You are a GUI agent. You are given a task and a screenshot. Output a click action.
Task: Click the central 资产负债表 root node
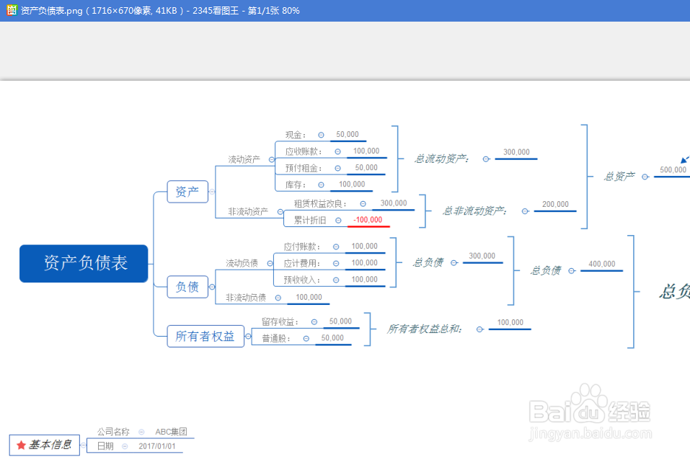coord(84,263)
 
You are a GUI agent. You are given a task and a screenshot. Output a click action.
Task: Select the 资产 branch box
coord(187,192)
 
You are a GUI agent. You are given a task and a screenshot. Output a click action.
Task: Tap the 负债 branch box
coord(187,287)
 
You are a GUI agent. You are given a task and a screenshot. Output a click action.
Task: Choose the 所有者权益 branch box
coord(205,336)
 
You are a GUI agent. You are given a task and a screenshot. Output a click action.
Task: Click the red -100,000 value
coord(368,220)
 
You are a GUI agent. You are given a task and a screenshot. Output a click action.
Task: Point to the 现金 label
coord(295,135)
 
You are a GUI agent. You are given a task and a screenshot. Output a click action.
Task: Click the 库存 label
coord(295,185)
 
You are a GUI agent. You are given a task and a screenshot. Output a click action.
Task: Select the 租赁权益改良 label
coord(320,204)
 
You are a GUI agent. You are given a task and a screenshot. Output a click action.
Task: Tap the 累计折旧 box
coord(309,220)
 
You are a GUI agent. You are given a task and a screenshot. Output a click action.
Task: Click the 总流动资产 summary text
coord(441,159)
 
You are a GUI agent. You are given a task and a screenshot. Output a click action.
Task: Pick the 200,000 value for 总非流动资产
coord(555,205)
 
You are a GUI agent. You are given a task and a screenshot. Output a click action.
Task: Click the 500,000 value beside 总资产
coord(672,170)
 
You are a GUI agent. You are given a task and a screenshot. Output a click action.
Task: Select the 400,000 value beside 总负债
coord(601,265)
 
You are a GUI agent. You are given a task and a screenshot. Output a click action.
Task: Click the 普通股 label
coord(276,338)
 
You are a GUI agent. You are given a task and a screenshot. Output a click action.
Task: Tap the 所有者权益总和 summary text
coord(425,329)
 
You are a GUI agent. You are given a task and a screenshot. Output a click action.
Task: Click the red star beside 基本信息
coord(21,445)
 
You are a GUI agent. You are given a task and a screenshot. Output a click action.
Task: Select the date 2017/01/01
coord(156,447)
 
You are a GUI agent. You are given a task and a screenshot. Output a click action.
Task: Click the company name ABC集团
coord(171,432)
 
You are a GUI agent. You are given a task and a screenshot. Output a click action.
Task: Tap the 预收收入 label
coord(301,280)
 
